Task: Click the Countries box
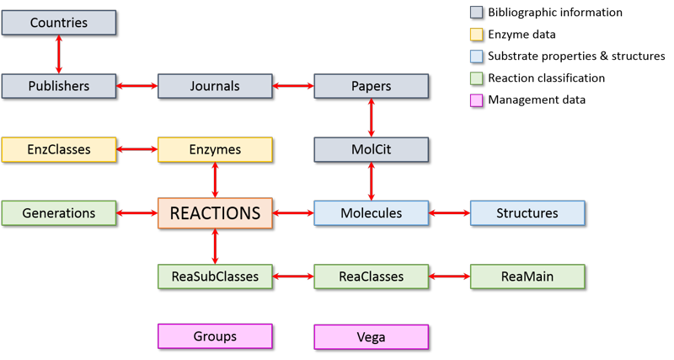(58, 23)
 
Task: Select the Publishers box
(58, 86)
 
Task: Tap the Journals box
(215, 86)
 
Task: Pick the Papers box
(371, 86)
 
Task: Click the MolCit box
(371, 150)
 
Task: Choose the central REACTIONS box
(215, 213)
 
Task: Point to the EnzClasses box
(58, 150)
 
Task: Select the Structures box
(527, 213)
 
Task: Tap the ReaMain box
(527, 277)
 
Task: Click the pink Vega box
(371, 337)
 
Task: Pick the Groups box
(215, 337)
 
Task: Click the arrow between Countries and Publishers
(58, 55)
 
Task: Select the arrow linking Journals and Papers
(293, 86)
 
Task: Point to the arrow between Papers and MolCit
(371, 118)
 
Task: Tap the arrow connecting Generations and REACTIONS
(136, 213)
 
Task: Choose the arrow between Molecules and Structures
(449, 213)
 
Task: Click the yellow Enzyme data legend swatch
(477, 35)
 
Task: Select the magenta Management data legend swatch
(477, 100)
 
